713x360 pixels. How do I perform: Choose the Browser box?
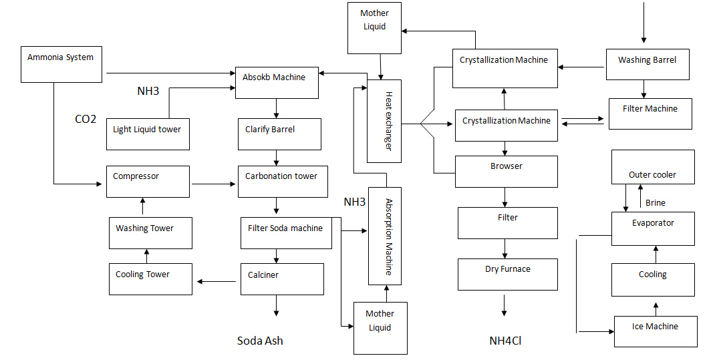click(506, 172)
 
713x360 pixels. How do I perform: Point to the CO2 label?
click(86, 120)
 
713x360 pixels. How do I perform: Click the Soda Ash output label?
click(260, 341)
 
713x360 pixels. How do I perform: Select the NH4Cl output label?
click(505, 341)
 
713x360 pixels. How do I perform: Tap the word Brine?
click(655, 203)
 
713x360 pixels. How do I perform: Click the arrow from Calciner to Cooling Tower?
click(217, 281)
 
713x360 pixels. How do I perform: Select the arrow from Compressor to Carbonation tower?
click(214, 181)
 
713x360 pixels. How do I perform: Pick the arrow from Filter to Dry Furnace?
click(505, 249)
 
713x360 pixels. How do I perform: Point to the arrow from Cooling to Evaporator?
click(656, 254)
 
